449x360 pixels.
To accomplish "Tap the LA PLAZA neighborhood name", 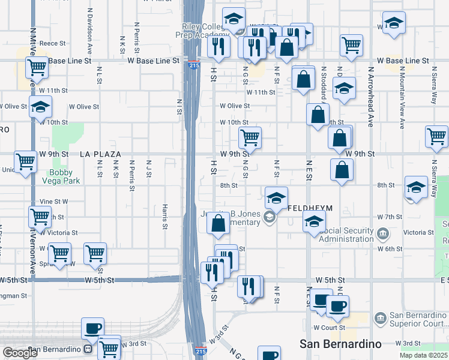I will [x=100, y=154].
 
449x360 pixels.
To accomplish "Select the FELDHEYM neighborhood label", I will [x=310, y=208].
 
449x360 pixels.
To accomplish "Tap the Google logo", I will [x=20, y=353].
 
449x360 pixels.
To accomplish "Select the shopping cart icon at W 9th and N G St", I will [x=250, y=137].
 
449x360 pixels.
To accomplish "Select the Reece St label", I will [x=52, y=43].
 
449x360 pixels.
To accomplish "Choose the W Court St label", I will [x=329, y=328].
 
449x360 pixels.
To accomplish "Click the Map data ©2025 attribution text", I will [x=424, y=355].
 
